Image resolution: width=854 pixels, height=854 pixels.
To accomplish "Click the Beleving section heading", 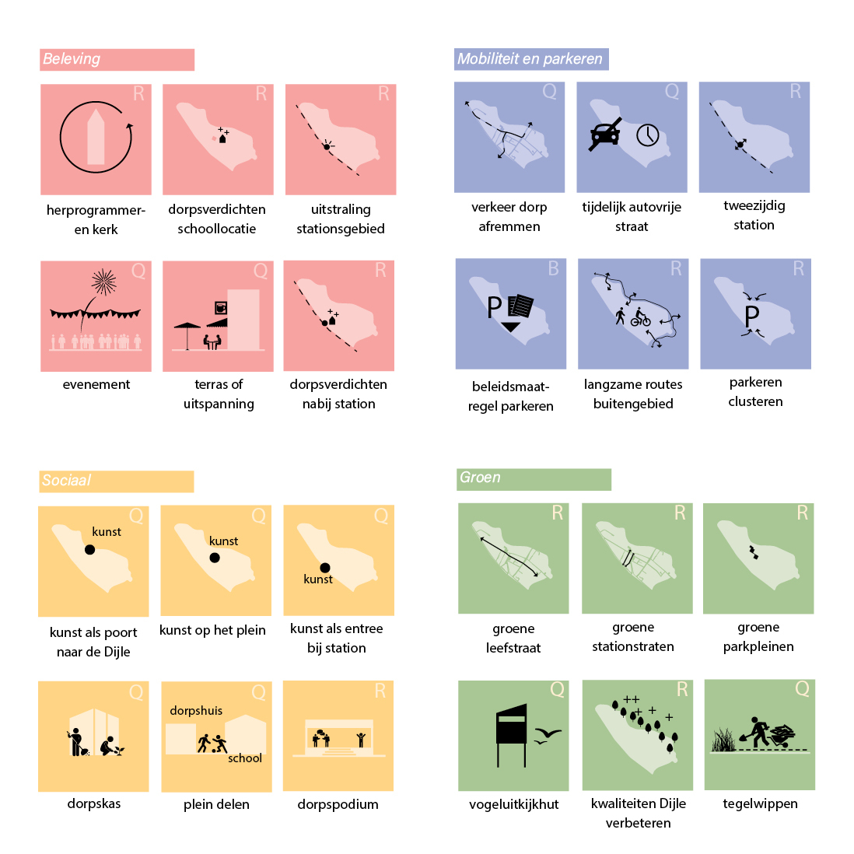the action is click(x=72, y=59).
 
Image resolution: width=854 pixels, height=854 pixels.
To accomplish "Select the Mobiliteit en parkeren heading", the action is click(x=530, y=59).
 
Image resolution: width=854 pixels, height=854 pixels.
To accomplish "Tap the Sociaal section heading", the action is click(x=66, y=481).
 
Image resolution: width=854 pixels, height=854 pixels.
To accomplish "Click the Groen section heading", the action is click(x=480, y=477).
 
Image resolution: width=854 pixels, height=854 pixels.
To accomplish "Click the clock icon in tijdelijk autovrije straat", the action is click(x=648, y=135).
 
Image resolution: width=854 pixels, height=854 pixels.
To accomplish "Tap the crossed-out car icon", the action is click(x=605, y=134).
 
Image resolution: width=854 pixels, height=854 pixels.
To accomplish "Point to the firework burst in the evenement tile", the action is click(x=103, y=282).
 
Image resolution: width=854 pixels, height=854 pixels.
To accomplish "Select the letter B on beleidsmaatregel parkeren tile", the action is click(x=553, y=268).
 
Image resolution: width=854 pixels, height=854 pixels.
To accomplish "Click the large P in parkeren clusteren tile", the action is click(x=752, y=316).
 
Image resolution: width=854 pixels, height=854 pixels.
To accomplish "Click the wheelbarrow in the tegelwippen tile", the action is click(x=782, y=736).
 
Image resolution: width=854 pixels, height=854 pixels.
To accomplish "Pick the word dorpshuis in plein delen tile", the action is click(x=196, y=711).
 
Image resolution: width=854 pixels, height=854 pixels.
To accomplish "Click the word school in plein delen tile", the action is click(x=245, y=758).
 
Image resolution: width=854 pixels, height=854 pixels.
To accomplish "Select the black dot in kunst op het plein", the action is click(x=215, y=558).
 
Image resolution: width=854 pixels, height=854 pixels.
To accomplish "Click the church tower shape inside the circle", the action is click(x=96, y=137).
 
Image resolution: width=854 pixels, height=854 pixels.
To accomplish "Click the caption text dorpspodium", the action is click(x=338, y=804).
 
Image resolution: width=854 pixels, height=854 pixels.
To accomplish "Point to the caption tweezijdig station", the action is click(x=754, y=215).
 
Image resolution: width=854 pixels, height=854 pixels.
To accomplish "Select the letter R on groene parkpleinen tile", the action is click(x=802, y=513).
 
